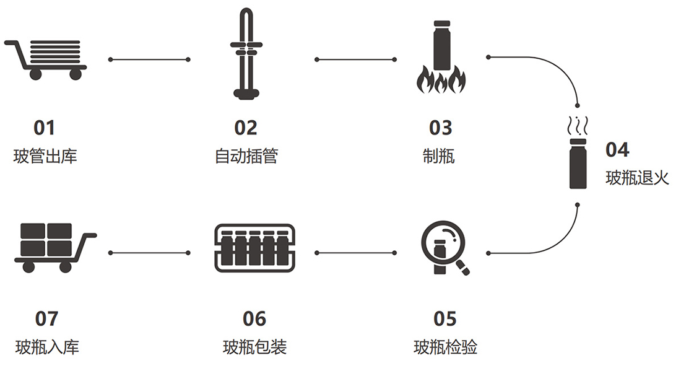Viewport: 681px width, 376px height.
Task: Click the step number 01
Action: [45, 128]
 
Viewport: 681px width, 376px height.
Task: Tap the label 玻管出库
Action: [45, 156]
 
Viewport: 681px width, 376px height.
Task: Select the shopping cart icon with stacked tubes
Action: [46, 60]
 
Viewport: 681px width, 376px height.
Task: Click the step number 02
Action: [246, 128]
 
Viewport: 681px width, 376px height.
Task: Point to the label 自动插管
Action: [246, 156]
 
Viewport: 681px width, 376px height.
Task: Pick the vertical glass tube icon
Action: [246, 54]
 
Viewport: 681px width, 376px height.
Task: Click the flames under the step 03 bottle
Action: [441, 80]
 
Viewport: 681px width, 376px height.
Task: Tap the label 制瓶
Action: [439, 156]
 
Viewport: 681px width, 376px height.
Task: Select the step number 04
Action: [617, 150]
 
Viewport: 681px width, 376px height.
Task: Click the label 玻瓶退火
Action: [637, 178]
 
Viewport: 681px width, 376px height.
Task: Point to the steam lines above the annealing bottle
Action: [578, 126]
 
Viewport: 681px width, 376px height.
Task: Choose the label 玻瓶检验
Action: [446, 347]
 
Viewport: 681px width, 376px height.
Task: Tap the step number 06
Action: [254, 319]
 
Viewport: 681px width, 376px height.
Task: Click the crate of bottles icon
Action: [255, 248]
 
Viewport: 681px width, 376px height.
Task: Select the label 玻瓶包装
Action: [255, 347]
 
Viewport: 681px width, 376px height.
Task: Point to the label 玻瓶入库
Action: [47, 347]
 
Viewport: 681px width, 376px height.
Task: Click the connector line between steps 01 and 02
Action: [149, 59]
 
